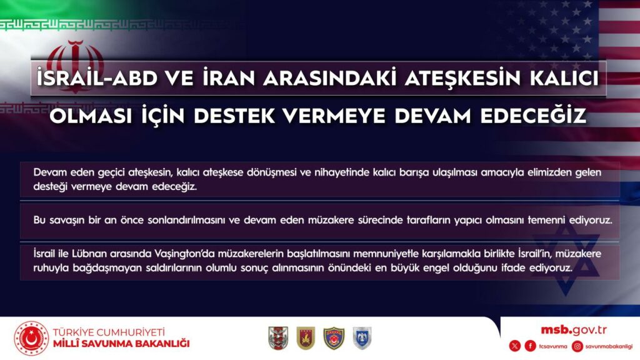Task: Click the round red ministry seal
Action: (31, 338)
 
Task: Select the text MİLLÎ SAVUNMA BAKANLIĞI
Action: (121, 344)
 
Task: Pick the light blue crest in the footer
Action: (362, 338)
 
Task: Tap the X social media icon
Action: (514, 346)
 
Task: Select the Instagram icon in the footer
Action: (578, 346)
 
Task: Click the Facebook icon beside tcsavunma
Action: (530, 346)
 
